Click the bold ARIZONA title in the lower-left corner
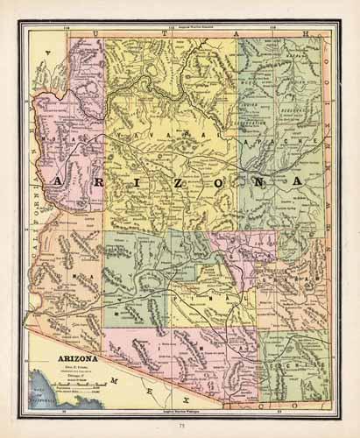pyautogui.click(x=78, y=357)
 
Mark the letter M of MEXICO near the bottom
pyautogui.click(x=115, y=380)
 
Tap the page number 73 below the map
pyautogui.click(x=180, y=423)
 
